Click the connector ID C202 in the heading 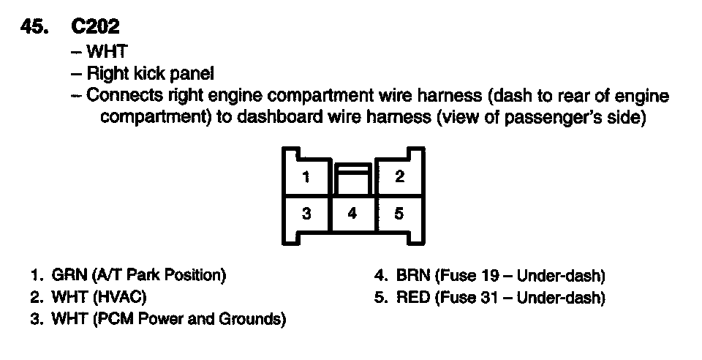(x=96, y=26)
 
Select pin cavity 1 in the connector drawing (x=307, y=176)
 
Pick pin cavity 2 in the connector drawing (x=399, y=176)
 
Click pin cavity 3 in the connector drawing (x=307, y=214)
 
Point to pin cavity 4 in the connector (x=353, y=214)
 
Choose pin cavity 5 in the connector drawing (x=399, y=214)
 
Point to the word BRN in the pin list (x=412, y=276)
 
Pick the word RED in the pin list (x=412, y=298)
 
